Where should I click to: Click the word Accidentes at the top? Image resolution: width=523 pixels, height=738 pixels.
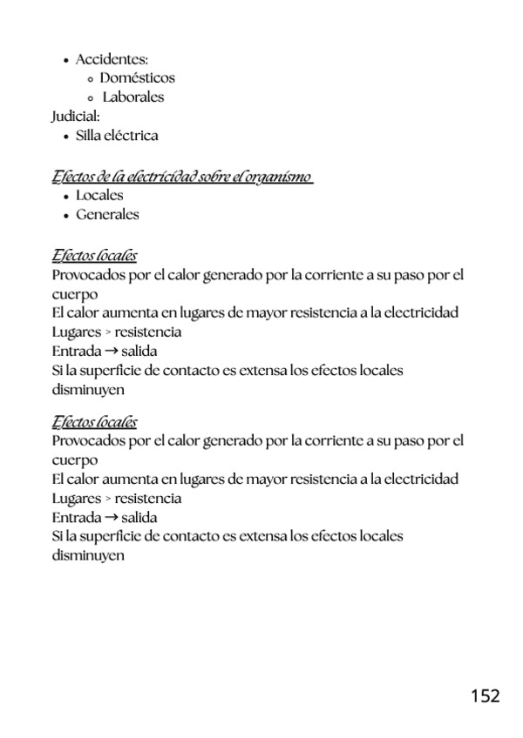point(111,59)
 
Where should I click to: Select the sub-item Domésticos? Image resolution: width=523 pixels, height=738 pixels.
point(137,78)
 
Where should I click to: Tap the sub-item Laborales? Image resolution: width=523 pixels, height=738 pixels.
point(133,97)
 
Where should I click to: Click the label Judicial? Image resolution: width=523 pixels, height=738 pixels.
point(76,117)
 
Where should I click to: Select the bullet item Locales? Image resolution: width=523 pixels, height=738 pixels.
point(99,195)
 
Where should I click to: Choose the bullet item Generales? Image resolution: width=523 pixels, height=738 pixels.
point(107,214)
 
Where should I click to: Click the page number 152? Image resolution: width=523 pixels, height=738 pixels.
point(485,696)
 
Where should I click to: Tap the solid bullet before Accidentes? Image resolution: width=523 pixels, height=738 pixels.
point(66,60)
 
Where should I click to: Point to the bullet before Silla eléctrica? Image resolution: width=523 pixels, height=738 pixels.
point(66,137)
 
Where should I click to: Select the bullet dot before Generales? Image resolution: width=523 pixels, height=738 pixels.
point(66,215)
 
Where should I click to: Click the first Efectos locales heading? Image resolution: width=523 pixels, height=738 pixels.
point(94,257)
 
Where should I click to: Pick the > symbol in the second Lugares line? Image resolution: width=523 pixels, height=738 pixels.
point(108,499)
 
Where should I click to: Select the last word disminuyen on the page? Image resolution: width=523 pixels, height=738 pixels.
point(88,554)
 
